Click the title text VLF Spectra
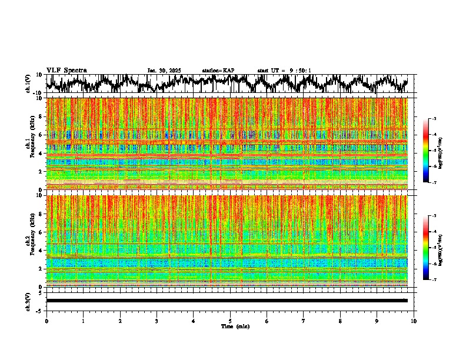click(x=66, y=70)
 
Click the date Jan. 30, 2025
click(x=164, y=71)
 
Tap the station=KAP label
click(x=218, y=71)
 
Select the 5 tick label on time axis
click(x=230, y=321)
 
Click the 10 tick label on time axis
click(x=414, y=321)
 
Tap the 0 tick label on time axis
click(x=46, y=321)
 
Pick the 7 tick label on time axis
click(x=304, y=321)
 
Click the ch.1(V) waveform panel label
click(x=28, y=84)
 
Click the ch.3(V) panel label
click(x=28, y=301)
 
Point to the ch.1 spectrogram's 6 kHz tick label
click(x=40, y=135)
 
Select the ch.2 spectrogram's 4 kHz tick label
click(x=40, y=250)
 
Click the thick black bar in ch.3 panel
click(x=227, y=301)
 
